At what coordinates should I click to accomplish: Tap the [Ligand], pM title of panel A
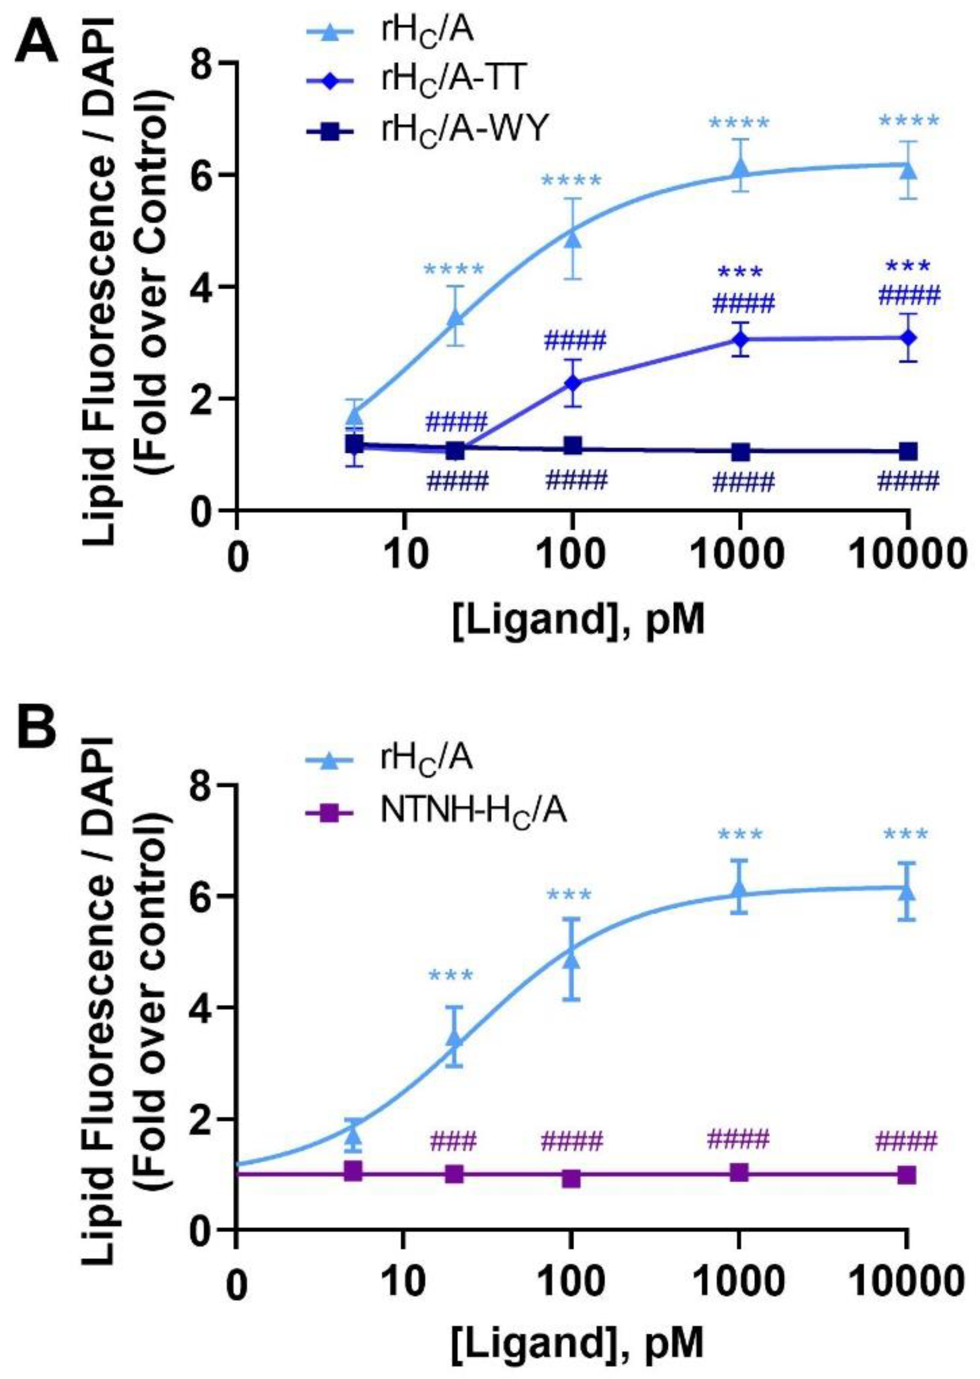(x=578, y=622)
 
